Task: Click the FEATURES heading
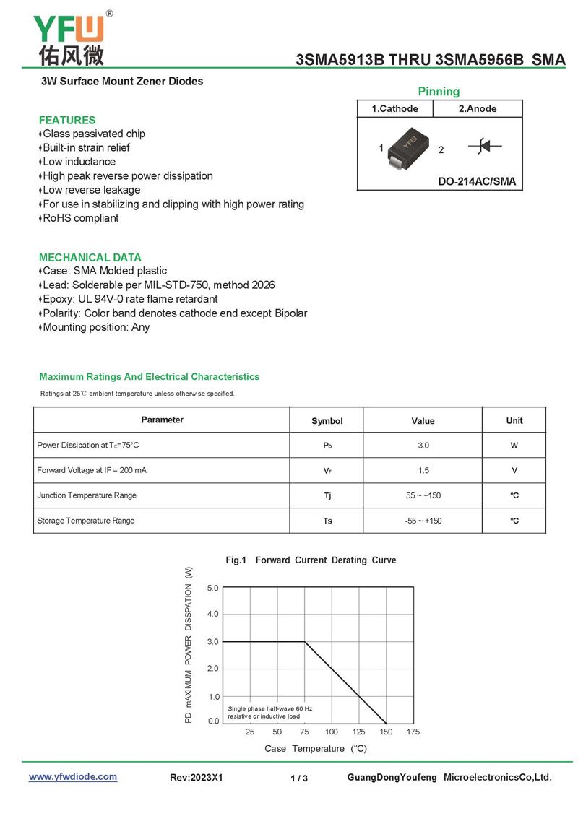[67, 120]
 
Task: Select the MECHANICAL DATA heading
[90, 257]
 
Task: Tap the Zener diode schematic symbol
[485, 147]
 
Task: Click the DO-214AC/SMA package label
[477, 181]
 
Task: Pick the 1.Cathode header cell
[394, 108]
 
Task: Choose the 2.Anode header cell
[478, 108]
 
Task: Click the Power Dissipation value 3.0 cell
[423, 446]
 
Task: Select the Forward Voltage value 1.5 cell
[423, 471]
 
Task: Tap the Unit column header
[514, 420]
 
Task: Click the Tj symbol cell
[327, 495]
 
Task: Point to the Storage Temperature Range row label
[86, 521]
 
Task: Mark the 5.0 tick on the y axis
[212, 588]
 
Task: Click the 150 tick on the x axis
[387, 732]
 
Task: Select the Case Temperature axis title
[316, 748]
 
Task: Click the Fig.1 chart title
[311, 560]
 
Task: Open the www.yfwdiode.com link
[73, 777]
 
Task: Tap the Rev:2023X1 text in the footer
[197, 778]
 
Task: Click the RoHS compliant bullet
[80, 218]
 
